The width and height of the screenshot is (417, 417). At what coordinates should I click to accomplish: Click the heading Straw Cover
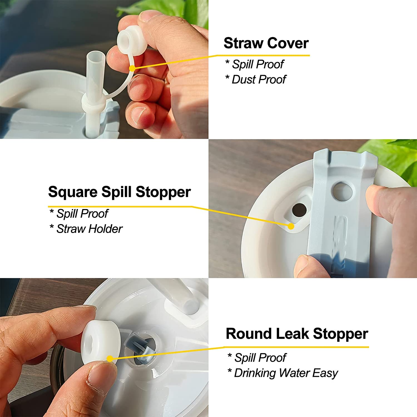(x=266, y=43)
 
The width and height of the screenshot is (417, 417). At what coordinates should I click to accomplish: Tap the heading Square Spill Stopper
(x=119, y=192)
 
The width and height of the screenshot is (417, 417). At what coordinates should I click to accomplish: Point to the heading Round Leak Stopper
(x=297, y=334)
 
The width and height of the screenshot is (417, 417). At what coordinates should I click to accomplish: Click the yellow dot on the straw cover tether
(x=132, y=68)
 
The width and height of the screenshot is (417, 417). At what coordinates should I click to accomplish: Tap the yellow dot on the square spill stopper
(x=291, y=226)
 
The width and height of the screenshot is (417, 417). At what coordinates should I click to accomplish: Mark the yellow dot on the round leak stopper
(x=110, y=359)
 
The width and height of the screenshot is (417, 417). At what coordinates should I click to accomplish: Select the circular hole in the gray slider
(x=342, y=191)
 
